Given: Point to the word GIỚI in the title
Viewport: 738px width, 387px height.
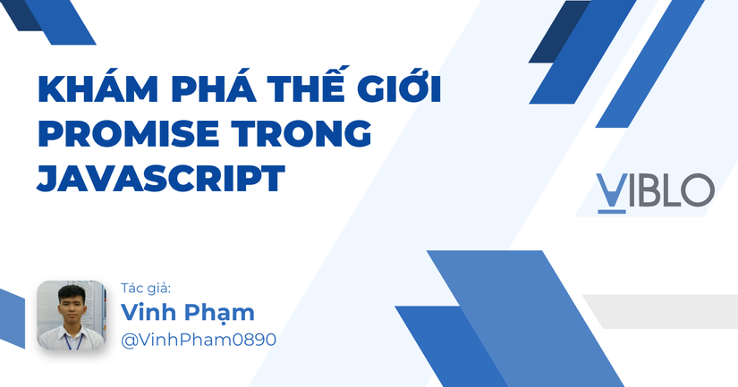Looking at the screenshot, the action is [399, 85].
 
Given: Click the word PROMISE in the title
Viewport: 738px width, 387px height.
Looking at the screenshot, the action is [129, 133].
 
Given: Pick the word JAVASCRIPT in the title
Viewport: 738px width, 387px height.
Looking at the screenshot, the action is [161, 178].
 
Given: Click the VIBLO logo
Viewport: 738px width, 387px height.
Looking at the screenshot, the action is [655, 193].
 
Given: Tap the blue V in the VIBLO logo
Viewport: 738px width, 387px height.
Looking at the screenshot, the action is [612, 190].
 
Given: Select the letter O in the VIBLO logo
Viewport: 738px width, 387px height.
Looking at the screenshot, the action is [698, 190].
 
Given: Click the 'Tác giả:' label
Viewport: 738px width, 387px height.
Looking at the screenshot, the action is [146, 289].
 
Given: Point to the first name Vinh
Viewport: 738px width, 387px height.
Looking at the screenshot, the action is [148, 312].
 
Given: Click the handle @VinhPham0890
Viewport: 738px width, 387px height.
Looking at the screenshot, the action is [199, 340].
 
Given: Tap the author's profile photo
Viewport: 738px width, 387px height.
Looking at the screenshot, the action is [72, 315].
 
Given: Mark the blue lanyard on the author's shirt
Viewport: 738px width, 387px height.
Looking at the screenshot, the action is [70, 341].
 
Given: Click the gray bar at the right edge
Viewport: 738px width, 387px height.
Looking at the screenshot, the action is [660, 311].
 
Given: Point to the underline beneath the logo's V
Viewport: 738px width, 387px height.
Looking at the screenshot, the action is [612, 212].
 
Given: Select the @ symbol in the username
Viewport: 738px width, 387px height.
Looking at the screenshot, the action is [129, 341].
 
